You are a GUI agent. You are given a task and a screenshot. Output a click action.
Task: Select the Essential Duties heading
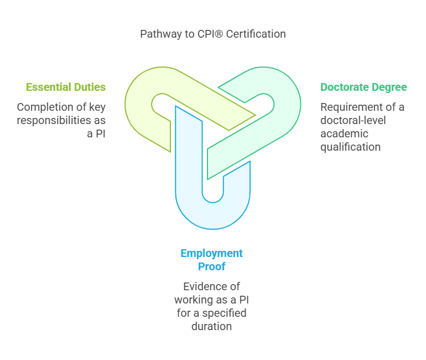tap(66, 87)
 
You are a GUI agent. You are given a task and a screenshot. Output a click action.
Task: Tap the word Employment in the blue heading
tap(212, 253)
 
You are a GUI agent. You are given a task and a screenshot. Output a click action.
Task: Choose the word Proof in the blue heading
tap(212, 266)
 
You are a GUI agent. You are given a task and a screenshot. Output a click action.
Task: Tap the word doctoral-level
tap(352, 120)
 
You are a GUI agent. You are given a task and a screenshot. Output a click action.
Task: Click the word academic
tap(343, 133)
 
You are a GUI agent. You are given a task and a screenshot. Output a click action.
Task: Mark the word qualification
tap(350, 147)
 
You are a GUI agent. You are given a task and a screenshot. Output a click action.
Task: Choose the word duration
tap(212, 326)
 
